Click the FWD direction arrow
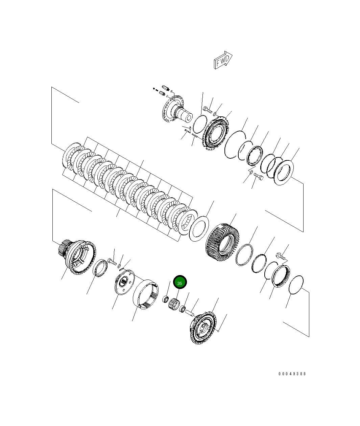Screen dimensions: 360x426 tap(223, 60)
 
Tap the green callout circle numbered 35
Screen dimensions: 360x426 tap(180, 282)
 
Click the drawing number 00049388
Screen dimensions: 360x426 tap(292, 374)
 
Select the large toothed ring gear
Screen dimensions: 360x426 tap(222, 242)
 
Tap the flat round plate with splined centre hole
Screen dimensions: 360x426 tap(124, 282)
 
